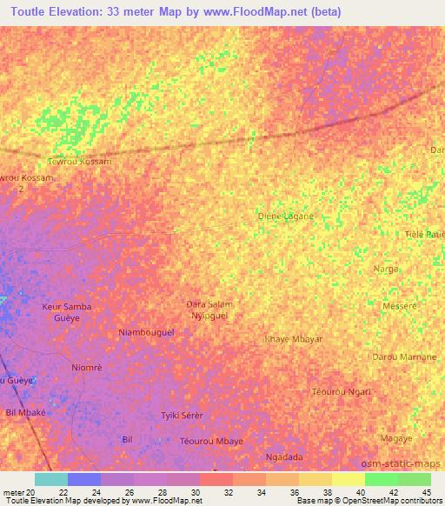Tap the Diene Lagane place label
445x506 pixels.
[286, 216]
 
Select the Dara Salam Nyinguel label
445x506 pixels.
[210, 309]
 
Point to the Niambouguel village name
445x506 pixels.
[146, 332]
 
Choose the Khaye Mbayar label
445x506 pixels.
[294, 338]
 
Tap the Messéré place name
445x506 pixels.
[401, 306]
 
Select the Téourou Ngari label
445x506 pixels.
[342, 391]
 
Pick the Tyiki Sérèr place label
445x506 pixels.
[182, 416]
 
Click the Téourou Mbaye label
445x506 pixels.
[211, 441]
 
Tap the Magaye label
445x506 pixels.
[395, 438]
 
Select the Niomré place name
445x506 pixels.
[87, 368]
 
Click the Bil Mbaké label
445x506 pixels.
[25, 411]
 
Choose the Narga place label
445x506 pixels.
[386, 270]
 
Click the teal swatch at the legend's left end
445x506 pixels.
[50, 479]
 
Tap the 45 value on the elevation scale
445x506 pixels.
[427, 492]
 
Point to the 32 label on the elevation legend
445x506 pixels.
[228, 492]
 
